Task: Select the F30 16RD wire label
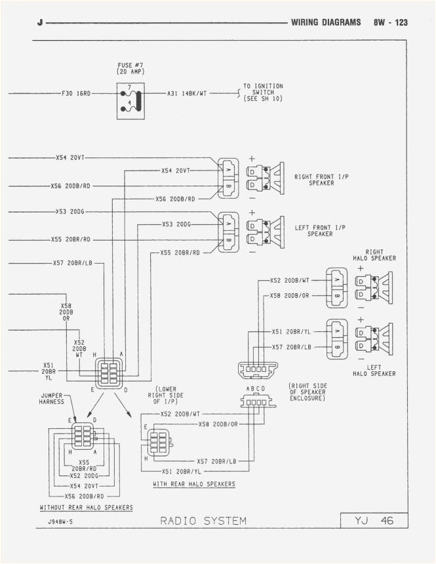pos(76,94)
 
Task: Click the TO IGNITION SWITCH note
pos(263,92)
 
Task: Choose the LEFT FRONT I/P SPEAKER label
pos(321,230)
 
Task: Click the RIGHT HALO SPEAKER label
pos(374,254)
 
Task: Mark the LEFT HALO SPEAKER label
pos(374,371)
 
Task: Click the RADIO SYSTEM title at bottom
pos(203,521)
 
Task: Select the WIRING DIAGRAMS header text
pos(326,22)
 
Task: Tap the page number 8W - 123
pos(391,22)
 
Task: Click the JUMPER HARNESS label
pos(51,398)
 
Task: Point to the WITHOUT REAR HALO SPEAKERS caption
pos(86,508)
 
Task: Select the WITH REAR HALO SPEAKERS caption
pos(194,484)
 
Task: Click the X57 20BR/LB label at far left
pos(73,264)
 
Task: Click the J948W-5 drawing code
pos(60,521)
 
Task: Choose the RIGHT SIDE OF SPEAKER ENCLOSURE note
pos(307,392)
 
